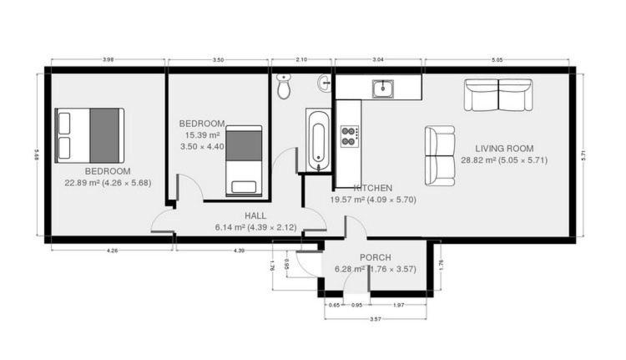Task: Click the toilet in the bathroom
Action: point(284,86)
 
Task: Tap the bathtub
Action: point(318,139)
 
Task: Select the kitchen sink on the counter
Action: point(383,89)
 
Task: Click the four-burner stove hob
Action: point(350,136)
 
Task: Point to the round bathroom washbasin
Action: point(324,84)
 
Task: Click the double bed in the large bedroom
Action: point(89,135)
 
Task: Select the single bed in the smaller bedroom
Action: point(244,161)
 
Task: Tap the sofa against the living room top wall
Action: point(498,94)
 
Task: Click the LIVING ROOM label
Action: point(504,149)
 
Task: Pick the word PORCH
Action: point(376,258)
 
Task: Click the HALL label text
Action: point(255,216)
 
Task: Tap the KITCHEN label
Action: point(373,188)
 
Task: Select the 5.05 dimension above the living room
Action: point(497,60)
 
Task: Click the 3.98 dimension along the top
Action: point(109,60)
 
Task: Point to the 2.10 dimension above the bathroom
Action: point(301,60)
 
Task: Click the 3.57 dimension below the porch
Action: point(376,319)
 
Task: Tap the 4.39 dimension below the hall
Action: point(239,251)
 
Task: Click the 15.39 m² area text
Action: point(203,135)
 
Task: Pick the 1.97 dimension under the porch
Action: point(398,305)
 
